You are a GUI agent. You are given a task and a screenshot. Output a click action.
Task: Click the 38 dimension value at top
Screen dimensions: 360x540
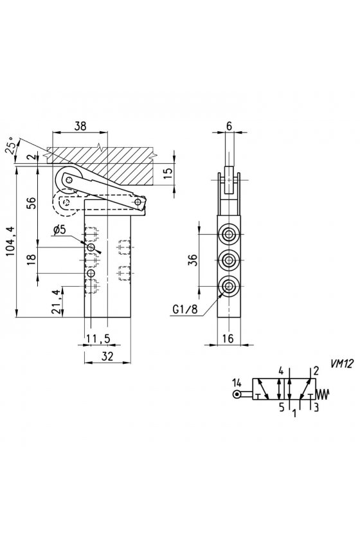tap(80, 126)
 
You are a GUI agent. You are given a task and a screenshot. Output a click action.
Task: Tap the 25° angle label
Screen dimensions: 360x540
tap(12, 145)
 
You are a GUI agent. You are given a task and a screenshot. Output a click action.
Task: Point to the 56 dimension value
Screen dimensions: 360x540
tap(31, 203)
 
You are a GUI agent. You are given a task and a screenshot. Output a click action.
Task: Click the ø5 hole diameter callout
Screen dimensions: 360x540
tap(59, 230)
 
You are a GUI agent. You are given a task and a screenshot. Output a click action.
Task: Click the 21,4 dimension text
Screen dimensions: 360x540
tap(57, 301)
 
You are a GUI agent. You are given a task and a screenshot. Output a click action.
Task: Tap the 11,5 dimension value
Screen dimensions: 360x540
tap(98, 339)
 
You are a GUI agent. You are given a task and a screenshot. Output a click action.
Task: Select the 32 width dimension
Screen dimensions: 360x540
tap(108, 356)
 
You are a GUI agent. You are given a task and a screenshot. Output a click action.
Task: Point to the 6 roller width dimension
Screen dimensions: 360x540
tap(230, 126)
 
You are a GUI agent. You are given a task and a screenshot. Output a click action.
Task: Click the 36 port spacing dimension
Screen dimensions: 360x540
tap(194, 260)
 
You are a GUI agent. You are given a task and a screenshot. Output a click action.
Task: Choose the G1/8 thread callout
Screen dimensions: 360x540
tap(185, 310)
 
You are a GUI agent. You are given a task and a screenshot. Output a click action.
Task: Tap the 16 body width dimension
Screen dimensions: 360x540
tap(228, 339)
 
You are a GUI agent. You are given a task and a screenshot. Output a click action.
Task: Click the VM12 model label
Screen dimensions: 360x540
tap(342, 364)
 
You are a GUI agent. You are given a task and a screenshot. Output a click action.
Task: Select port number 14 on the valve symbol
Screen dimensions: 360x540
tap(237, 382)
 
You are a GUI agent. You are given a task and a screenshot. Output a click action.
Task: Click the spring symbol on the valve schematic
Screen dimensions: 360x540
tap(323, 393)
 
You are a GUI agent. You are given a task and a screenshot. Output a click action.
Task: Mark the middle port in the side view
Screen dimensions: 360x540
tap(228, 260)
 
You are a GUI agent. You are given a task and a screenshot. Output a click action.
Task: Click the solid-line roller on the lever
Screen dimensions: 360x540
tap(69, 179)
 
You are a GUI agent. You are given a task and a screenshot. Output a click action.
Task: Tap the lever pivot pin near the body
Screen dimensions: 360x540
tap(138, 201)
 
